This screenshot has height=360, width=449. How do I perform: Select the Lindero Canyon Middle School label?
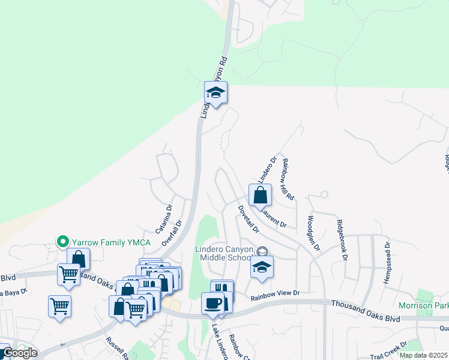[221, 253]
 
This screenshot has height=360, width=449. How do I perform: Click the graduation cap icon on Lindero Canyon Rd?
[215, 93]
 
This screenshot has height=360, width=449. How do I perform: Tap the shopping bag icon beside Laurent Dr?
[260, 195]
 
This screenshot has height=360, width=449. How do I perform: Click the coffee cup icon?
[212, 303]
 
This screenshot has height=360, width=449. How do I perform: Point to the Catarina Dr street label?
[164, 220]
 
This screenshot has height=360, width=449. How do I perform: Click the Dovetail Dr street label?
[247, 219]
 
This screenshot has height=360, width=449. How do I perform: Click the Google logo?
[19, 353]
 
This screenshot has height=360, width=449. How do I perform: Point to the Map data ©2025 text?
[424, 355]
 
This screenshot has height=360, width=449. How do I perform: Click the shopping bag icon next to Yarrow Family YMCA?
[79, 259]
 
